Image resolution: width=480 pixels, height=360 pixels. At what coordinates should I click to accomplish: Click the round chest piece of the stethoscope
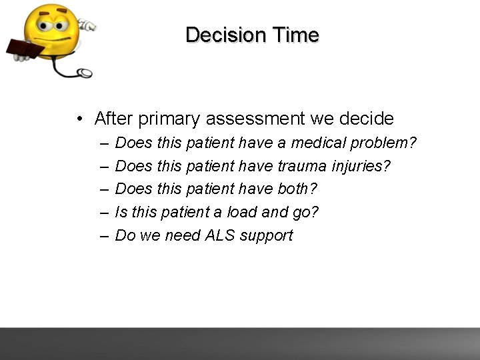85,73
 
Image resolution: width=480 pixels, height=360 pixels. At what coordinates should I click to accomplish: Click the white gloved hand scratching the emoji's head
87,25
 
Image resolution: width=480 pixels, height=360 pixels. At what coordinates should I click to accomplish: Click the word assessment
256,119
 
